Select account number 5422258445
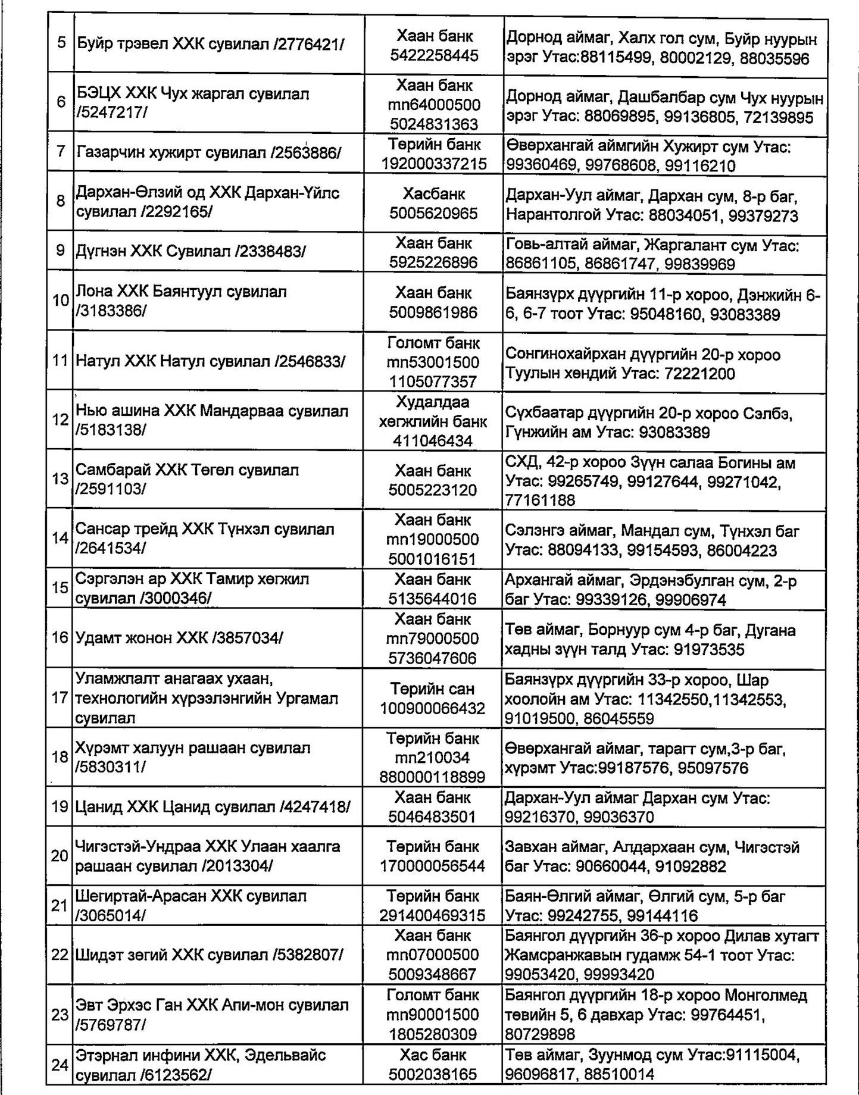click(x=434, y=56)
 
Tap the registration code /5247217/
click(x=111, y=113)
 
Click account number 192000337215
click(x=434, y=164)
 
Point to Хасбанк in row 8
click(x=434, y=194)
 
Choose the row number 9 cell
click(x=60, y=251)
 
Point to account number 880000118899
click(x=432, y=777)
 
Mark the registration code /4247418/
click(x=315, y=807)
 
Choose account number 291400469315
click(x=432, y=915)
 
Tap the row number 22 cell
click(x=60, y=955)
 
